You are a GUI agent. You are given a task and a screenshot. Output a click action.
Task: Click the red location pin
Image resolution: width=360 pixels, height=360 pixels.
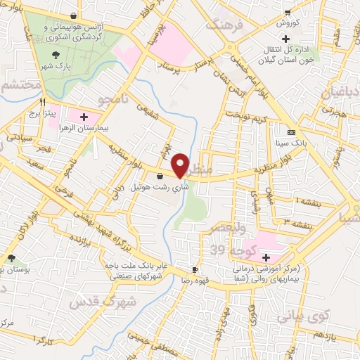pyautogui.click(x=182, y=165)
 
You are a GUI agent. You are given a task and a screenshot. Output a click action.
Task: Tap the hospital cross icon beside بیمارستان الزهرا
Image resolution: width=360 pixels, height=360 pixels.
pyautogui.click(x=84, y=116)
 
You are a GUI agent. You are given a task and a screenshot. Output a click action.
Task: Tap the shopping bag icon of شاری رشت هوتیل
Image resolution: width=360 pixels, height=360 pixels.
pyautogui.click(x=162, y=176)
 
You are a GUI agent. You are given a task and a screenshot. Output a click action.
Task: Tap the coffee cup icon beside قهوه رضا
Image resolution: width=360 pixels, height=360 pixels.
pyautogui.click(x=195, y=269)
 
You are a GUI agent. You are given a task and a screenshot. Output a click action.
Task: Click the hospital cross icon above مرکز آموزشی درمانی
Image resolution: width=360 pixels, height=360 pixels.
pyautogui.click(x=266, y=257)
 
